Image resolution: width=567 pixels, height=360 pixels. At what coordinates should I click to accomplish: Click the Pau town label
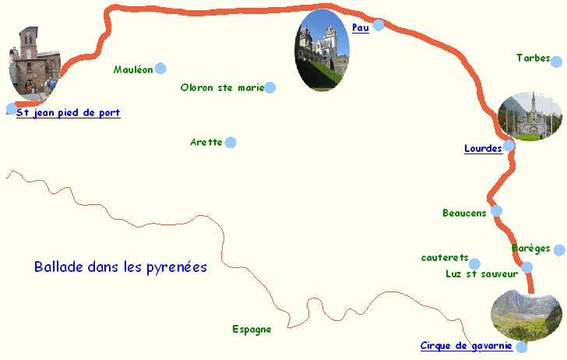pyautogui.click(x=360, y=28)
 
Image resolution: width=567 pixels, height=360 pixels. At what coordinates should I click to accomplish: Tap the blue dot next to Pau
pyautogui.click(x=379, y=25)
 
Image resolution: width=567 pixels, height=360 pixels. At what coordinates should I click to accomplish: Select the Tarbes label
pyautogui.click(x=533, y=58)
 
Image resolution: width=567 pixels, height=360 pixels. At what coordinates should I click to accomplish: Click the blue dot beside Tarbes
pyautogui.click(x=557, y=60)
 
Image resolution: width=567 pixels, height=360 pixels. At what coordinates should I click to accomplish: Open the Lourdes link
pyautogui.click(x=483, y=149)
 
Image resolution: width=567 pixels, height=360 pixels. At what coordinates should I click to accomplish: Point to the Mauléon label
pyautogui.click(x=133, y=69)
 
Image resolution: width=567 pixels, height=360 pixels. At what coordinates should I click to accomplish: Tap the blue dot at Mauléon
pyautogui.click(x=160, y=69)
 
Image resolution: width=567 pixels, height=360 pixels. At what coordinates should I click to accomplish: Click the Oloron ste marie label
pyautogui.click(x=222, y=88)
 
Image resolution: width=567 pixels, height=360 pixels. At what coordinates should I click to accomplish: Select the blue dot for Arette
pyautogui.click(x=231, y=143)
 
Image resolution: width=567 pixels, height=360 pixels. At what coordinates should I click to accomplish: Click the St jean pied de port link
pyautogui.click(x=69, y=113)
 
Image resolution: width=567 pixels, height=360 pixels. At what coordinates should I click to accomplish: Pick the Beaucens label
pyautogui.click(x=464, y=213)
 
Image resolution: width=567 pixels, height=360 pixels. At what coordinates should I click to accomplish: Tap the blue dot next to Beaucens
pyautogui.click(x=496, y=210)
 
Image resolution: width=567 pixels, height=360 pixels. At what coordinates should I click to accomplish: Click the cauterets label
pyautogui.click(x=444, y=258)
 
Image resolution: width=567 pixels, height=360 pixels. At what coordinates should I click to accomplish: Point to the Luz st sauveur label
pyautogui.click(x=481, y=274)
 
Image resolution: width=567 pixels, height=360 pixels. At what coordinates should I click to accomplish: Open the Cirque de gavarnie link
pyautogui.click(x=466, y=346)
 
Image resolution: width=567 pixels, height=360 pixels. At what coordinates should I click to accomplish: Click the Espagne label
pyautogui.click(x=252, y=330)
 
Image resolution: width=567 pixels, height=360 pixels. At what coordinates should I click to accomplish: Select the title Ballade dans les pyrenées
pyautogui.click(x=121, y=267)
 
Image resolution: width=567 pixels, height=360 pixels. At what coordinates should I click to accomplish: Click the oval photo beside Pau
pyautogui.click(x=322, y=51)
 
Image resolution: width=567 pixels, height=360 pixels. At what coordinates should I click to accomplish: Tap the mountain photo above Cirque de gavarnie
pyautogui.click(x=526, y=315)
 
